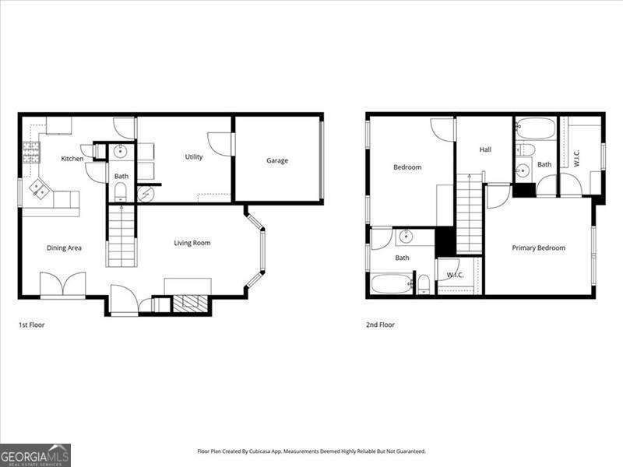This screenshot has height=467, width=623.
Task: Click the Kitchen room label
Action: tap(72, 159)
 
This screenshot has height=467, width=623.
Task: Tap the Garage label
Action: tap(277, 160)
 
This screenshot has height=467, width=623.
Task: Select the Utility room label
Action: tap(194, 156)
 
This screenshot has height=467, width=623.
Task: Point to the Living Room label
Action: tap(192, 243)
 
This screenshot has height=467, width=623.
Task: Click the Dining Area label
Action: tap(64, 248)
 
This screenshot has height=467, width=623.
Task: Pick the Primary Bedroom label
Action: tap(538, 248)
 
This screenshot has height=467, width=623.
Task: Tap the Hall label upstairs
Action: tap(485, 149)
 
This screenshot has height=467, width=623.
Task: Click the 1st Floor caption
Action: tap(32, 325)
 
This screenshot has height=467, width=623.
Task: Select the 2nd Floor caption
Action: tap(380, 325)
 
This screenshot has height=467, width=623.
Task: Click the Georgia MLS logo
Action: tap(35, 455)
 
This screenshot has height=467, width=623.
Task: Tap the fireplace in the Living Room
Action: tap(191, 303)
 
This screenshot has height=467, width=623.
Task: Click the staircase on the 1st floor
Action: tap(121, 237)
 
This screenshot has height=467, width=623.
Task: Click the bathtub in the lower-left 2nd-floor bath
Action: tap(391, 284)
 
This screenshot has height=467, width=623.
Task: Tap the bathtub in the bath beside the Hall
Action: tap(535, 128)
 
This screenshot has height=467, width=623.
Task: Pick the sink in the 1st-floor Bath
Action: tap(121, 152)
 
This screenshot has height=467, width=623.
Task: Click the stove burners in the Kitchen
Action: tap(30, 151)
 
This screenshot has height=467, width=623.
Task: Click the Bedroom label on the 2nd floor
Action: tap(407, 167)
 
